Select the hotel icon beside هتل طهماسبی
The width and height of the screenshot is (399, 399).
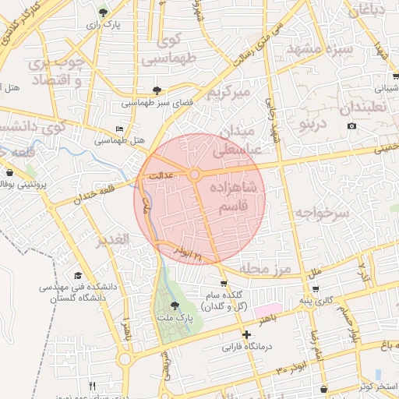tap(119, 129)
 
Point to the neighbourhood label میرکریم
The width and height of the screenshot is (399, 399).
tap(228, 92)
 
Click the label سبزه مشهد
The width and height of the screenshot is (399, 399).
tap(320, 49)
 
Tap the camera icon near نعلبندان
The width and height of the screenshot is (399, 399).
tap(351, 126)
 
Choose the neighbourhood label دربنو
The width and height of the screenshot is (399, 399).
tap(301, 124)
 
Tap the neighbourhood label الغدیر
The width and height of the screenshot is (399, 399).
tap(111, 240)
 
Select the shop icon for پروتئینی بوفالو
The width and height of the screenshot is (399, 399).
tap(9, 172)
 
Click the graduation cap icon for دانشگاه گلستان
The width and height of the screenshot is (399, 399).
tap(77, 276)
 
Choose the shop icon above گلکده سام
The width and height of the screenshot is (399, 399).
tap(224, 284)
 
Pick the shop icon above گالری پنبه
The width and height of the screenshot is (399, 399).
tap(315, 289)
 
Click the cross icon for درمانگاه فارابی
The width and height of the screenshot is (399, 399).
tap(246, 334)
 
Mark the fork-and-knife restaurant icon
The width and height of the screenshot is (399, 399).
tap(92, 386)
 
